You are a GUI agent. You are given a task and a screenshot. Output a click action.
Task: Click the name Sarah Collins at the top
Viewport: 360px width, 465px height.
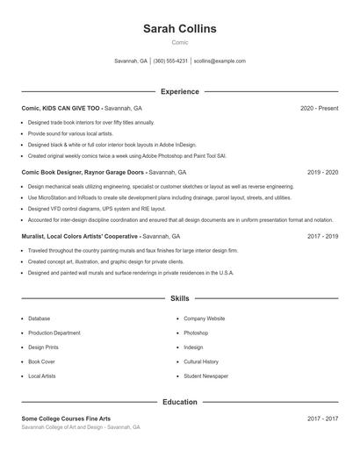179,29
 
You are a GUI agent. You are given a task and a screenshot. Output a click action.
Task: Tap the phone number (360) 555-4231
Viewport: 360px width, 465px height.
170,61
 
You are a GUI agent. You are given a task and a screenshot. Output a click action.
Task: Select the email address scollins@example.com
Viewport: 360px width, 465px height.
220,61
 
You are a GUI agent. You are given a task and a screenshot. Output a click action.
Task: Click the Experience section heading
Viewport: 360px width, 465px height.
179,91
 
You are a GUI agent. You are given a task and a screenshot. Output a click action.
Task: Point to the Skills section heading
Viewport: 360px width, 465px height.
179,299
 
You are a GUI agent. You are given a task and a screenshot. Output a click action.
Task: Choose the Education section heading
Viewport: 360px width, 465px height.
179,402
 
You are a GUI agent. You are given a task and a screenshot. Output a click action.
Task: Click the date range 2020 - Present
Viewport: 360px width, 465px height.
319,108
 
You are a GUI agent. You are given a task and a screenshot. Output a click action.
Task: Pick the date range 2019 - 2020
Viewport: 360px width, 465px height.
322,172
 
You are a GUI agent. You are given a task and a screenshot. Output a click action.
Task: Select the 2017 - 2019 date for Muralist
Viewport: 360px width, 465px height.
322,236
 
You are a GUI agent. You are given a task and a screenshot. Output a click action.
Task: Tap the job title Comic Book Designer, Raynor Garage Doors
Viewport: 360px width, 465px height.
83,172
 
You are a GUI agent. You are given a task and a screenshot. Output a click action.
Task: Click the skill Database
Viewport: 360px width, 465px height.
40,318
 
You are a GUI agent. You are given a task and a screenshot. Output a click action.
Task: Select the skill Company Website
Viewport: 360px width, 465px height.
204,318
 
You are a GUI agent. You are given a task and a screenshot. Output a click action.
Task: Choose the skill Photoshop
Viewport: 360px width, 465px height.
196,333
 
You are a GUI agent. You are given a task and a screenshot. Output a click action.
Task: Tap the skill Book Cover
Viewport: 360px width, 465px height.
41,361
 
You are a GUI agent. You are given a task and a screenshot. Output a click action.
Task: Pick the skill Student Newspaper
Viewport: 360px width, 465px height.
205,376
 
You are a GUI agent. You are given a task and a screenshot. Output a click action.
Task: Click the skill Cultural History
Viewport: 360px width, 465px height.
201,361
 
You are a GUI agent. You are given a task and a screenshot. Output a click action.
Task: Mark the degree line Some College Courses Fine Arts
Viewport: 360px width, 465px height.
67,418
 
